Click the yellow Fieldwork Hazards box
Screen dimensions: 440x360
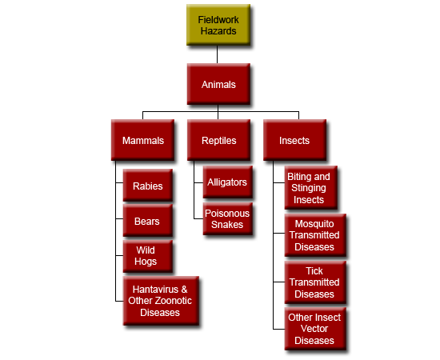(x=218, y=25)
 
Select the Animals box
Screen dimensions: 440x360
(x=218, y=84)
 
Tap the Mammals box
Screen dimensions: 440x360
(x=142, y=140)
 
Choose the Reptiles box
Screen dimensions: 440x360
(x=218, y=140)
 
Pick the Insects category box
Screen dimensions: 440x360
(x=294, y=140)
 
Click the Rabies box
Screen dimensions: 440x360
(x=148, y=185)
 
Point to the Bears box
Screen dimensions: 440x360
(x=148, y=221)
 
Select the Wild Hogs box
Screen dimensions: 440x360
(x=148, y=256)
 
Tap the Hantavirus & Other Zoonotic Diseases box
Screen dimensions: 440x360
(x=161, y=301)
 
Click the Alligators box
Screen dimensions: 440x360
(x=227, y=182)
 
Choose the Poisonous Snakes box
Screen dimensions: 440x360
(x=227, y=219)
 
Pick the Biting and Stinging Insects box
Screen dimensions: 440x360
(x=311, y=188)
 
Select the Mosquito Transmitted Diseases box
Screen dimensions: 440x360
(x=315, y=235)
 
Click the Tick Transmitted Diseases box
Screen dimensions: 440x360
(x=315, y=282)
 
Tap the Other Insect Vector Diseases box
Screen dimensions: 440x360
(x=315, y=329)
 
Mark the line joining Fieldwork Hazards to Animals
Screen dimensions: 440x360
(x=217, y=54)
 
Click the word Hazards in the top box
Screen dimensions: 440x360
(x=218, y=31)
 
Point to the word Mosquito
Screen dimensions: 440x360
(x=314, y=224)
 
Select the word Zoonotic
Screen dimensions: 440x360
(x=174, y=301)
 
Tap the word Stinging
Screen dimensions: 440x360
(x=308, y=188)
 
